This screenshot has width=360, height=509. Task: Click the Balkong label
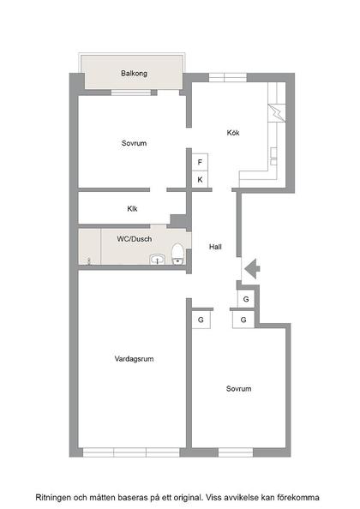(x=134, y=74)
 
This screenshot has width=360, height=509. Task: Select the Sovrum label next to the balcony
(x=134, y=143)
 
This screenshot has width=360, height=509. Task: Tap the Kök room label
(x=233, y=133)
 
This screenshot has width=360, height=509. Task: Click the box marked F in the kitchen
(x=200, y=162)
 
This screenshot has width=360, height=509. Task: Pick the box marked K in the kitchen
(x=200, y=179)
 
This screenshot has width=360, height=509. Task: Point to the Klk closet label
(x=133, y=208)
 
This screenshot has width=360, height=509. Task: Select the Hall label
(x=216, y=247)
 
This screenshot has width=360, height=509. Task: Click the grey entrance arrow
(x=251, y=269)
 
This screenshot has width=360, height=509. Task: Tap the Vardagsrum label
(x=133, y=358)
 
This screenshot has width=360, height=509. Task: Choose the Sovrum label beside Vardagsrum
(x=238, y=388)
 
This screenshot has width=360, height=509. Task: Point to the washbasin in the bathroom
(x=157, y=259)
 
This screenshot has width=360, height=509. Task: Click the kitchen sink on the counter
(x=274, y=155)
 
